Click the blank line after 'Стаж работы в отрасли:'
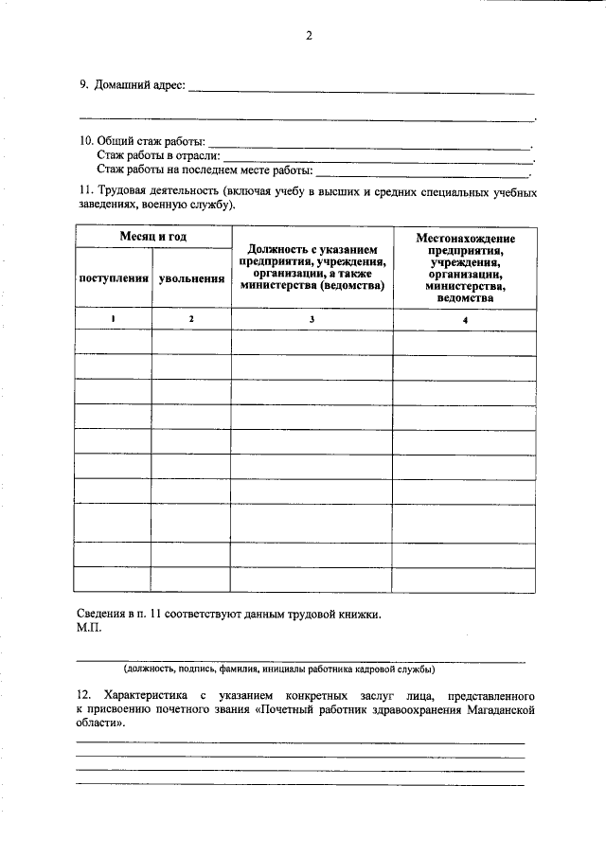pyautogui.click(x=379, y=160)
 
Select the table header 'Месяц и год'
pyautogui.click(x=152, y=235)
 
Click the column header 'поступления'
pyautogui.click(x=114, y=278)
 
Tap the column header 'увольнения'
pyautogui.click(x=191, y=279)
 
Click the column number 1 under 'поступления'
pyautogui.click(x=113, y=319)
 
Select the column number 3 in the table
pyautogui.click(x=312, y=320)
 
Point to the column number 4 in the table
pyautogui.click(x=465, y=320)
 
